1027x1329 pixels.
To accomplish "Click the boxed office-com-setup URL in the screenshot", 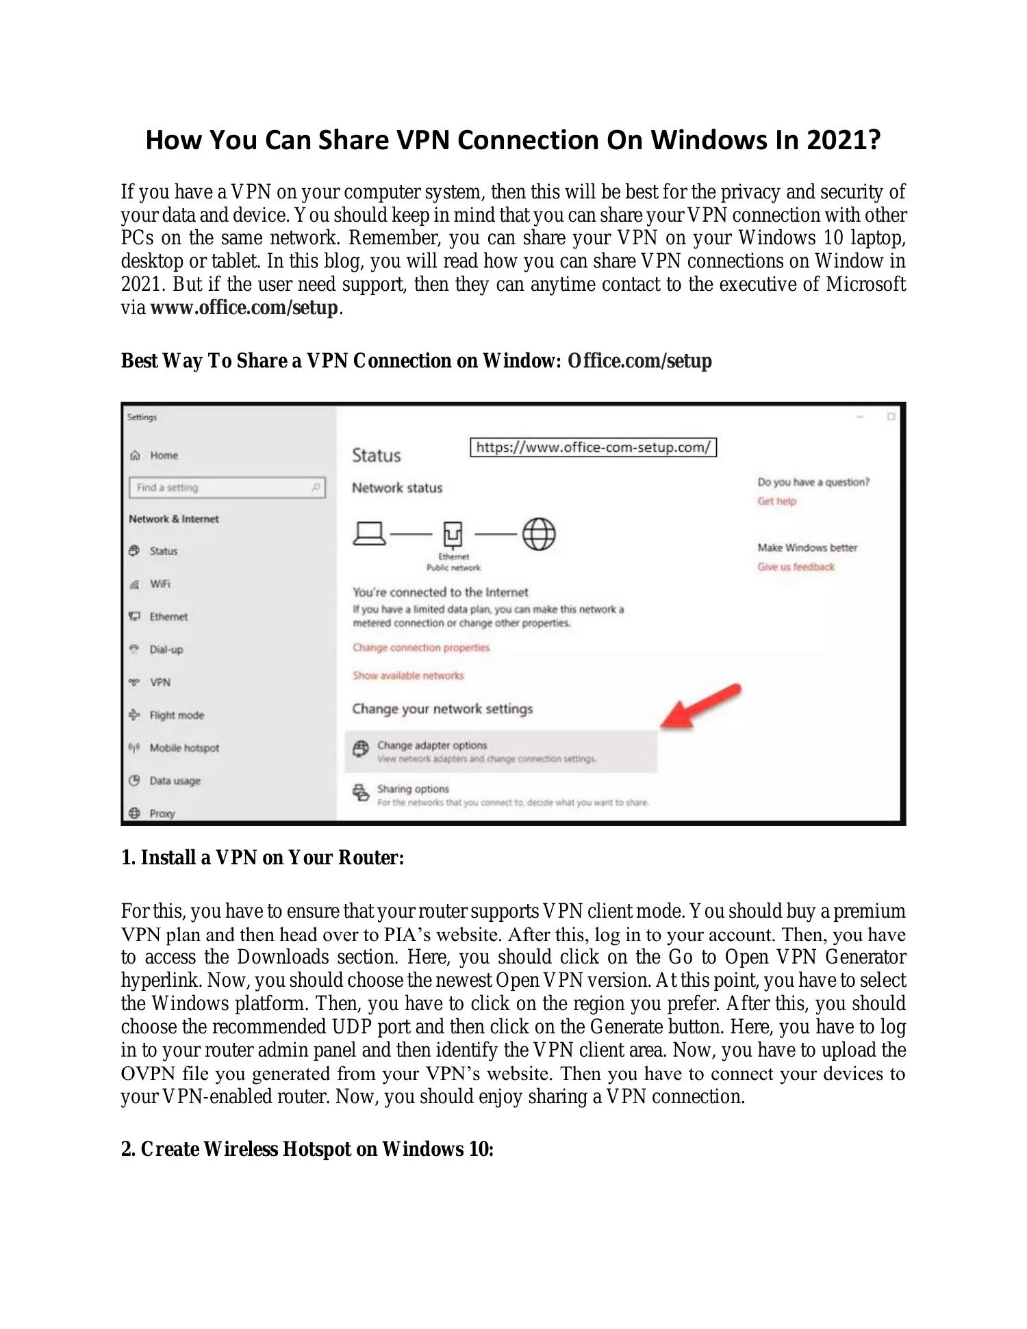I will point(593,448).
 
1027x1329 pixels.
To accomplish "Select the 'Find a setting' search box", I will point(227,487).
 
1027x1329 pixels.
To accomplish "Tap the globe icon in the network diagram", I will point(539,534).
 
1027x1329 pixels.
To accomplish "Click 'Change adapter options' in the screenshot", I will point(432,746).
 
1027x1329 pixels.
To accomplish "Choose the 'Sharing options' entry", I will point(413,789).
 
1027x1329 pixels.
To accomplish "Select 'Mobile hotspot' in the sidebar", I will point(184,748).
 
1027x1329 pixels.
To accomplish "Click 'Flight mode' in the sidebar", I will point(177,715).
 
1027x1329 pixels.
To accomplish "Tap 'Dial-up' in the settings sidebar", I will point(166,649).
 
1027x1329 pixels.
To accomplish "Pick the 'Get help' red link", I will point(776,501).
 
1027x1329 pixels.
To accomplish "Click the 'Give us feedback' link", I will point(796,567).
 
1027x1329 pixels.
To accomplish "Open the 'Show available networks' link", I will point(408,675).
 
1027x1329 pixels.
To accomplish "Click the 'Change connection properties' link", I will point(421,647).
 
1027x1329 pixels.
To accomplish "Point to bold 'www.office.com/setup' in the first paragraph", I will point(244,308).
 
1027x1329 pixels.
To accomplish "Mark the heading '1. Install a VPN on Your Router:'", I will point(262,857).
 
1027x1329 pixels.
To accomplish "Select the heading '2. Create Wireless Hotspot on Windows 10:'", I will point(307,1149).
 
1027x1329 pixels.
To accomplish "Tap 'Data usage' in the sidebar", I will point(175,781).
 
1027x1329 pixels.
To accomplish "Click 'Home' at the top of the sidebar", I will point(164,456).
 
